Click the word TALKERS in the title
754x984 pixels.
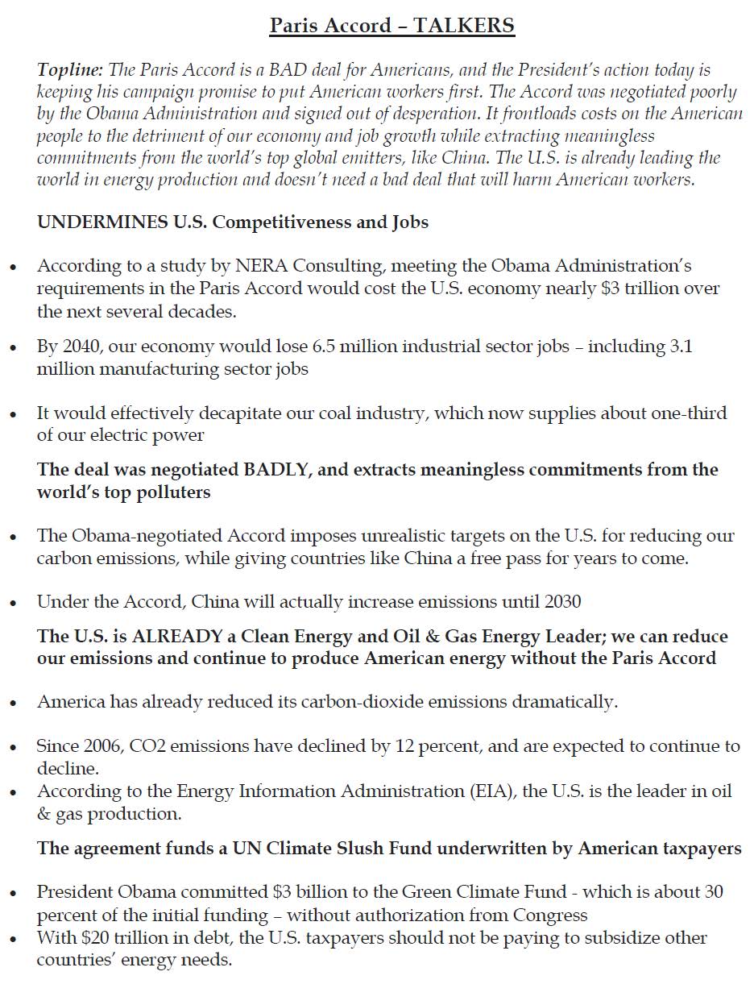click(x=464, y=26)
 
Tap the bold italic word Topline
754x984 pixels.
click(x=69, y=70)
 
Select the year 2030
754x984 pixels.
click(x=563, y=601)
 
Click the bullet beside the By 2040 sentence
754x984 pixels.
click(x=14, y=348)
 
